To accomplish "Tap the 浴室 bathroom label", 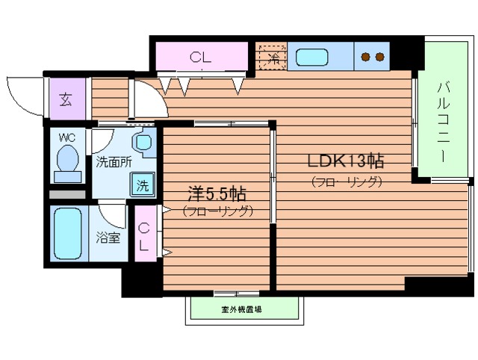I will (x=108, y=238).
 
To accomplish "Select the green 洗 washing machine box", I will (x=141, y=185).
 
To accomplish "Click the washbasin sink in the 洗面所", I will (x=143, y=141).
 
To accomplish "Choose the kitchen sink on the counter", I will (x=311, y=56).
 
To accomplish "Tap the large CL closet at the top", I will (x=200, y=56).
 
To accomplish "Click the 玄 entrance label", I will (x=66, y=100).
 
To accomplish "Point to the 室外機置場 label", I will (x=246, y=308).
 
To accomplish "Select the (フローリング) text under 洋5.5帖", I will (x=217, y=211).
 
